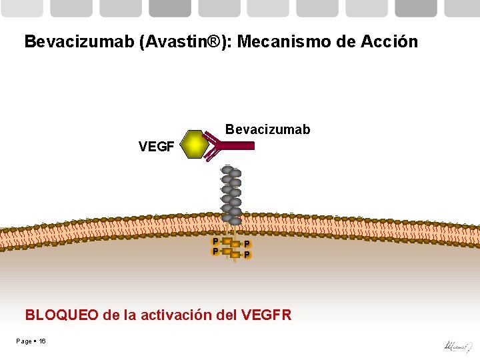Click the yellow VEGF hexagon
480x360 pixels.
(x=194, y=144)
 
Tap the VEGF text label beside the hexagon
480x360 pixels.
(x=156, y=147)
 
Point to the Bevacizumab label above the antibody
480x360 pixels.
(x=267, y=129)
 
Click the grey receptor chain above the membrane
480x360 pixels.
(x=231, y=193)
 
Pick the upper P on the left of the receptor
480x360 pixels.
(x=215, y=241)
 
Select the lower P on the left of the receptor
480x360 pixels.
(x=215, y=251)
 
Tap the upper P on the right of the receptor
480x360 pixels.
(x=247, y=244)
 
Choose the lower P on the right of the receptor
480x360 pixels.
(x=247, y=255)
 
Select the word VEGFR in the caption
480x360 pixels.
(x=267, y=315)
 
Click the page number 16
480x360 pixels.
(x=42, y=341)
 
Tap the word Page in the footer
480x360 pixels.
(x=24, y=341)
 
